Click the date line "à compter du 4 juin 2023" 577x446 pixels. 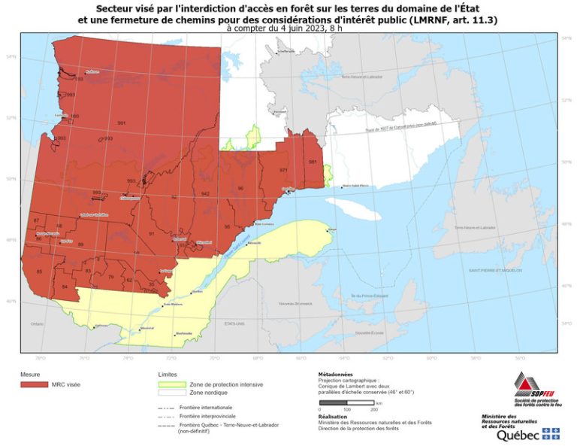[x=288, y=27]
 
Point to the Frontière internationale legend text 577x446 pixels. [x=202, y=407]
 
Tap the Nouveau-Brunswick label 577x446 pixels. [x=295, y=304]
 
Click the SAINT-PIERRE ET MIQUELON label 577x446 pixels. [x=491, y=270]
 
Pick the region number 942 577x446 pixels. [x=205, y=194]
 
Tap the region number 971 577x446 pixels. [x=283, y=170]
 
